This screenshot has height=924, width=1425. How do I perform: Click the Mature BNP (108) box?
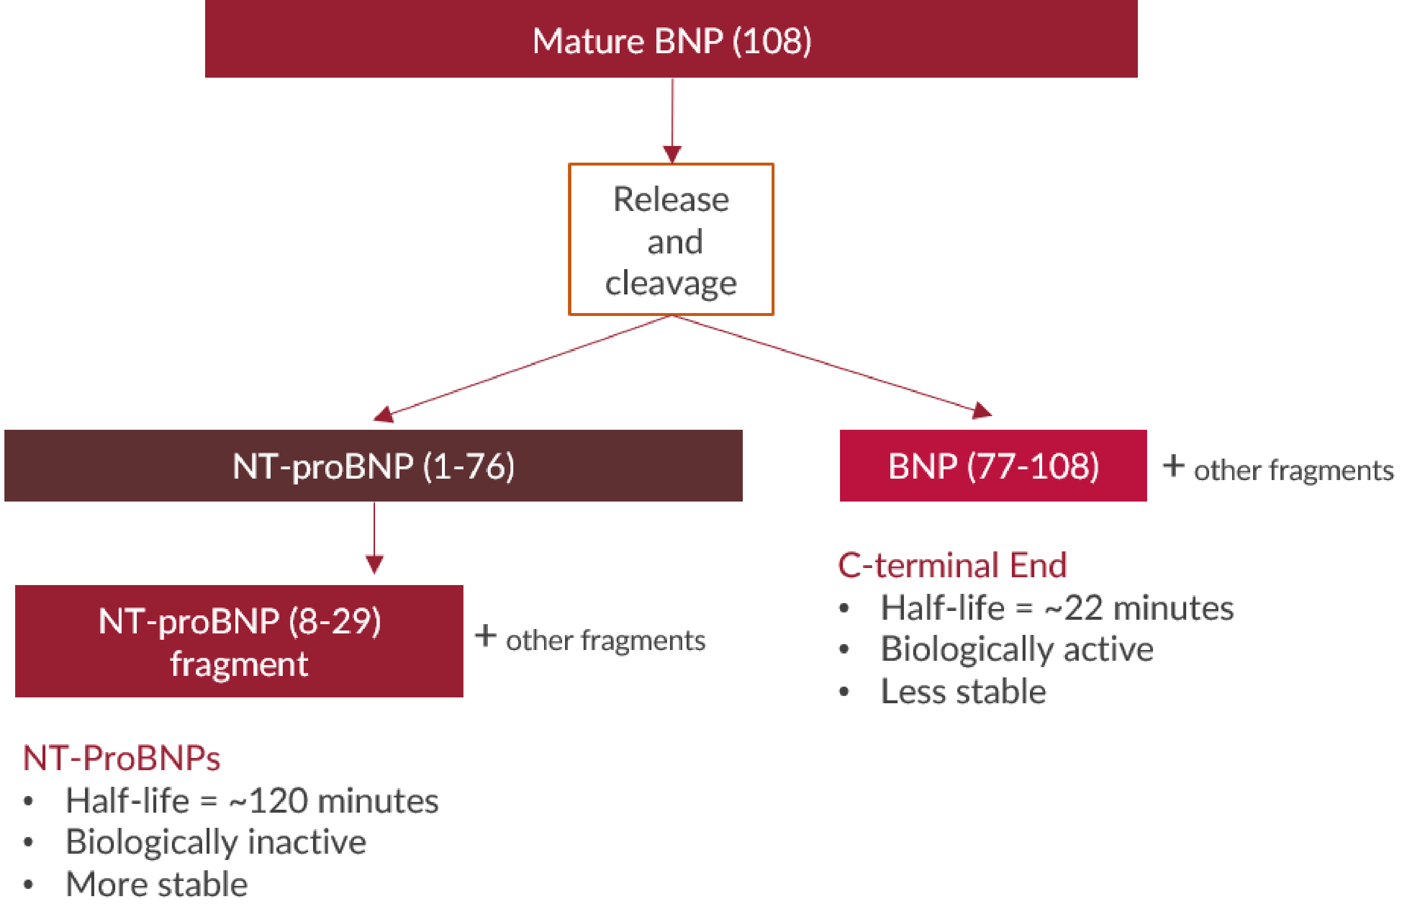[671, 40]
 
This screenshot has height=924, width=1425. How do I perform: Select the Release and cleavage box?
[671, 239]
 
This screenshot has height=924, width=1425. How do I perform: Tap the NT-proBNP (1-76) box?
[373, 465]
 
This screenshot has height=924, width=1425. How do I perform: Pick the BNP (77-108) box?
[993, 465]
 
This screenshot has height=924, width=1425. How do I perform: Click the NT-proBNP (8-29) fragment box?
[239, 641]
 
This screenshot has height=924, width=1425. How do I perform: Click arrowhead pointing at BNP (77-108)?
[982, 411]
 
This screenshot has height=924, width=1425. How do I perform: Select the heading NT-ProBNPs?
[122, 757]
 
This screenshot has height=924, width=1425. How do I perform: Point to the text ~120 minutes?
[334, 800]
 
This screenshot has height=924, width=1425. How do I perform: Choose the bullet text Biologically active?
[1017, 649]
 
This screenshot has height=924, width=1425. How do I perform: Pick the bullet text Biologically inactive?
[215, 842]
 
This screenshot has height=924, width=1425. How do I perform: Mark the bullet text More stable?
[156, 884]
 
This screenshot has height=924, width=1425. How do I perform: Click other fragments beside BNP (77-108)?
[1293, 470]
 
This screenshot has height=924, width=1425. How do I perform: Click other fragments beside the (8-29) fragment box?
[606, 640]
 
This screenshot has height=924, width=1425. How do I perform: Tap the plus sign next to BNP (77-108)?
[1173, 466]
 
